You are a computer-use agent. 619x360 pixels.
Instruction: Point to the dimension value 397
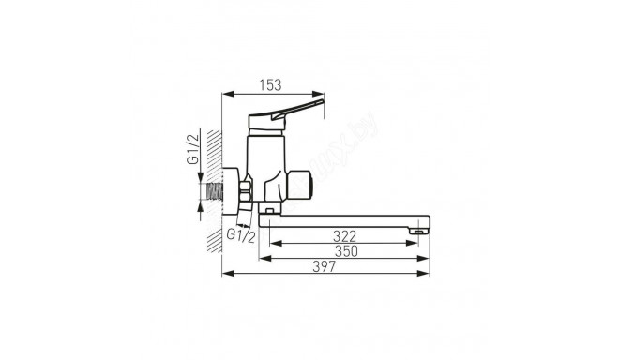pos(324,266)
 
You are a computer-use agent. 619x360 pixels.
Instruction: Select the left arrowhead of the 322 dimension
pos(272,244)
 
